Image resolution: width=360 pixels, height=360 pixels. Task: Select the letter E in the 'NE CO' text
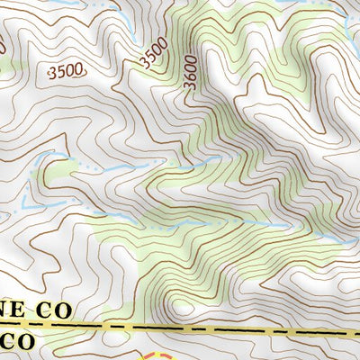pyautogui.click(x=25, y=310)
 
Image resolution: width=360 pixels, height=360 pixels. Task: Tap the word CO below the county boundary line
pyautogui.click(x=20, y=342)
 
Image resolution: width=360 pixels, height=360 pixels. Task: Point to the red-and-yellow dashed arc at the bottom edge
pyautogui.click(x=153, y=355)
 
